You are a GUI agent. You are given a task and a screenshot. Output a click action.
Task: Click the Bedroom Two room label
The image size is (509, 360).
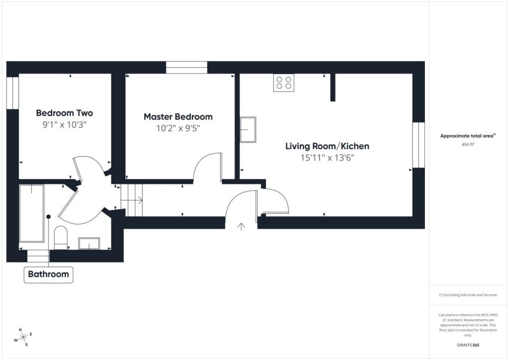pyautogui.click(x=64, y=113)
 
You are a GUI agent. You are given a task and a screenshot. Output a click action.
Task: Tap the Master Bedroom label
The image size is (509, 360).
pyautogui.click(x=178, y=117)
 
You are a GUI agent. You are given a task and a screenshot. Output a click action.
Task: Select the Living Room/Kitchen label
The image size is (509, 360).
pyautogui.click(x=327, y=146)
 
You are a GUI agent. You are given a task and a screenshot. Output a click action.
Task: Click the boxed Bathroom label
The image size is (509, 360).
pyautogui.click(x=48, y=274)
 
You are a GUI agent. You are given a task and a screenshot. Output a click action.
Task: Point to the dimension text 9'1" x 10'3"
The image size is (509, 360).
pyautogui.click(x=64, y=125)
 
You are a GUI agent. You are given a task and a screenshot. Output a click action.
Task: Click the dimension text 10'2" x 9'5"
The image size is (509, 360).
pyautogui.click(x=178, y=128)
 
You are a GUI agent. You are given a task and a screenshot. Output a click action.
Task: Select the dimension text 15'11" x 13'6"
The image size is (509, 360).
pyautogui.click(x=327, y=158)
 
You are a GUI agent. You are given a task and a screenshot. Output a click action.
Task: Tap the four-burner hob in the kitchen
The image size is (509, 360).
pyautogui.click(x=284, y=83)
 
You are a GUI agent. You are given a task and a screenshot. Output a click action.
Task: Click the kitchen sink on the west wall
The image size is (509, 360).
pyautogui.click(x=248, y=129)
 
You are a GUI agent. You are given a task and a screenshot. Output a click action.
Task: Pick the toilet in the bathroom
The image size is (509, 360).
pyautogui.click(x=61, y=237)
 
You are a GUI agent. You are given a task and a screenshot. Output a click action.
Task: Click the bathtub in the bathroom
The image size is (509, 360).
pyautogui.click(x=31, y=213)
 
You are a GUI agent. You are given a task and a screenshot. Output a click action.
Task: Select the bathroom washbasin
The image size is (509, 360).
pyautogui.click(x=89, y=244)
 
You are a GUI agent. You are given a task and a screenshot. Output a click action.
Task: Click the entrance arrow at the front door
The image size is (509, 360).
pyautogui.click(x=241, y=227)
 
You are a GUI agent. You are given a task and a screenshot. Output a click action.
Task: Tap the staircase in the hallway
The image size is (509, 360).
pyautogui.click(x=132, y=200)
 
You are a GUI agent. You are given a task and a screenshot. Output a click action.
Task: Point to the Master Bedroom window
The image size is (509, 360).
pyautogui.click(x=187, y=68)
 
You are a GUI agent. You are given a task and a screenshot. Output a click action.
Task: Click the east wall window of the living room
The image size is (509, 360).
pyautogui.click(x=419, y=145)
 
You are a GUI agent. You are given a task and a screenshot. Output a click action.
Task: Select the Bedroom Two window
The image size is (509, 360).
pyautogui.click(x=12, y=93)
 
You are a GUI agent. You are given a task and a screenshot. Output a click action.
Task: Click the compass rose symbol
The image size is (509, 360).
pyautogui.click(x=23, y=338)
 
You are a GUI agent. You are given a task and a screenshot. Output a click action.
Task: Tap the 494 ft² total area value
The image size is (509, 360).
pyautogui.click(x=468, y=145)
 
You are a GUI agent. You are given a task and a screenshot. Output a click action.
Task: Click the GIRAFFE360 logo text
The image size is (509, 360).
pyautogui.click(x=468, y=345)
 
